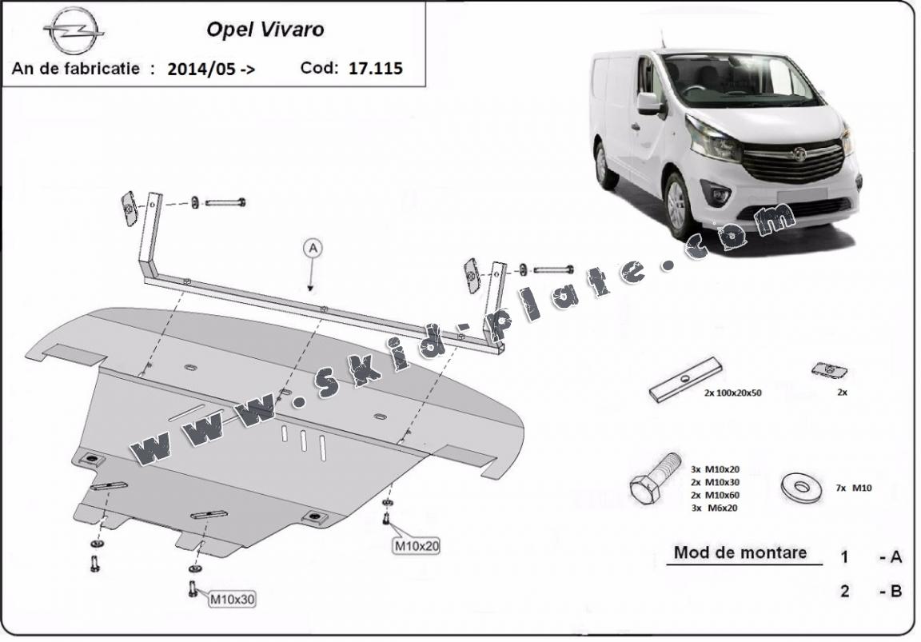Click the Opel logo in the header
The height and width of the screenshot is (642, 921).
click(74, 31)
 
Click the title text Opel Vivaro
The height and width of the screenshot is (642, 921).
click(265, 30)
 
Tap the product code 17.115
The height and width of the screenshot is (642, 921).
click(376, 68)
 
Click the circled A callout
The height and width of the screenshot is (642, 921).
click(313, 249)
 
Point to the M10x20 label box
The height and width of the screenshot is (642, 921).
click(417, 546)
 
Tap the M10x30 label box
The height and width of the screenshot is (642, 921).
click(232, 599)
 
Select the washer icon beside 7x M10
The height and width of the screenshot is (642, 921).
click(802, 487)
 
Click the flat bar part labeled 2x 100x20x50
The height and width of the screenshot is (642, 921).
click(685, 380)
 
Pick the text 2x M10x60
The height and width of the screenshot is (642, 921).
click(715, 495)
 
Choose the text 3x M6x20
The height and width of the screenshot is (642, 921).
click(714, 508)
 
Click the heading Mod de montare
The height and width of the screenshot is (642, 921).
click(740, 552)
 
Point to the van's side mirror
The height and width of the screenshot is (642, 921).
click(650, 103)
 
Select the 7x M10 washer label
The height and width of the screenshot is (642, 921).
click(854, 488)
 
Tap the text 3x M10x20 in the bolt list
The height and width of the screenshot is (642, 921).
click(715, 469)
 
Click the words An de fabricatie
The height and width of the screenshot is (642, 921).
click(76, 68)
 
